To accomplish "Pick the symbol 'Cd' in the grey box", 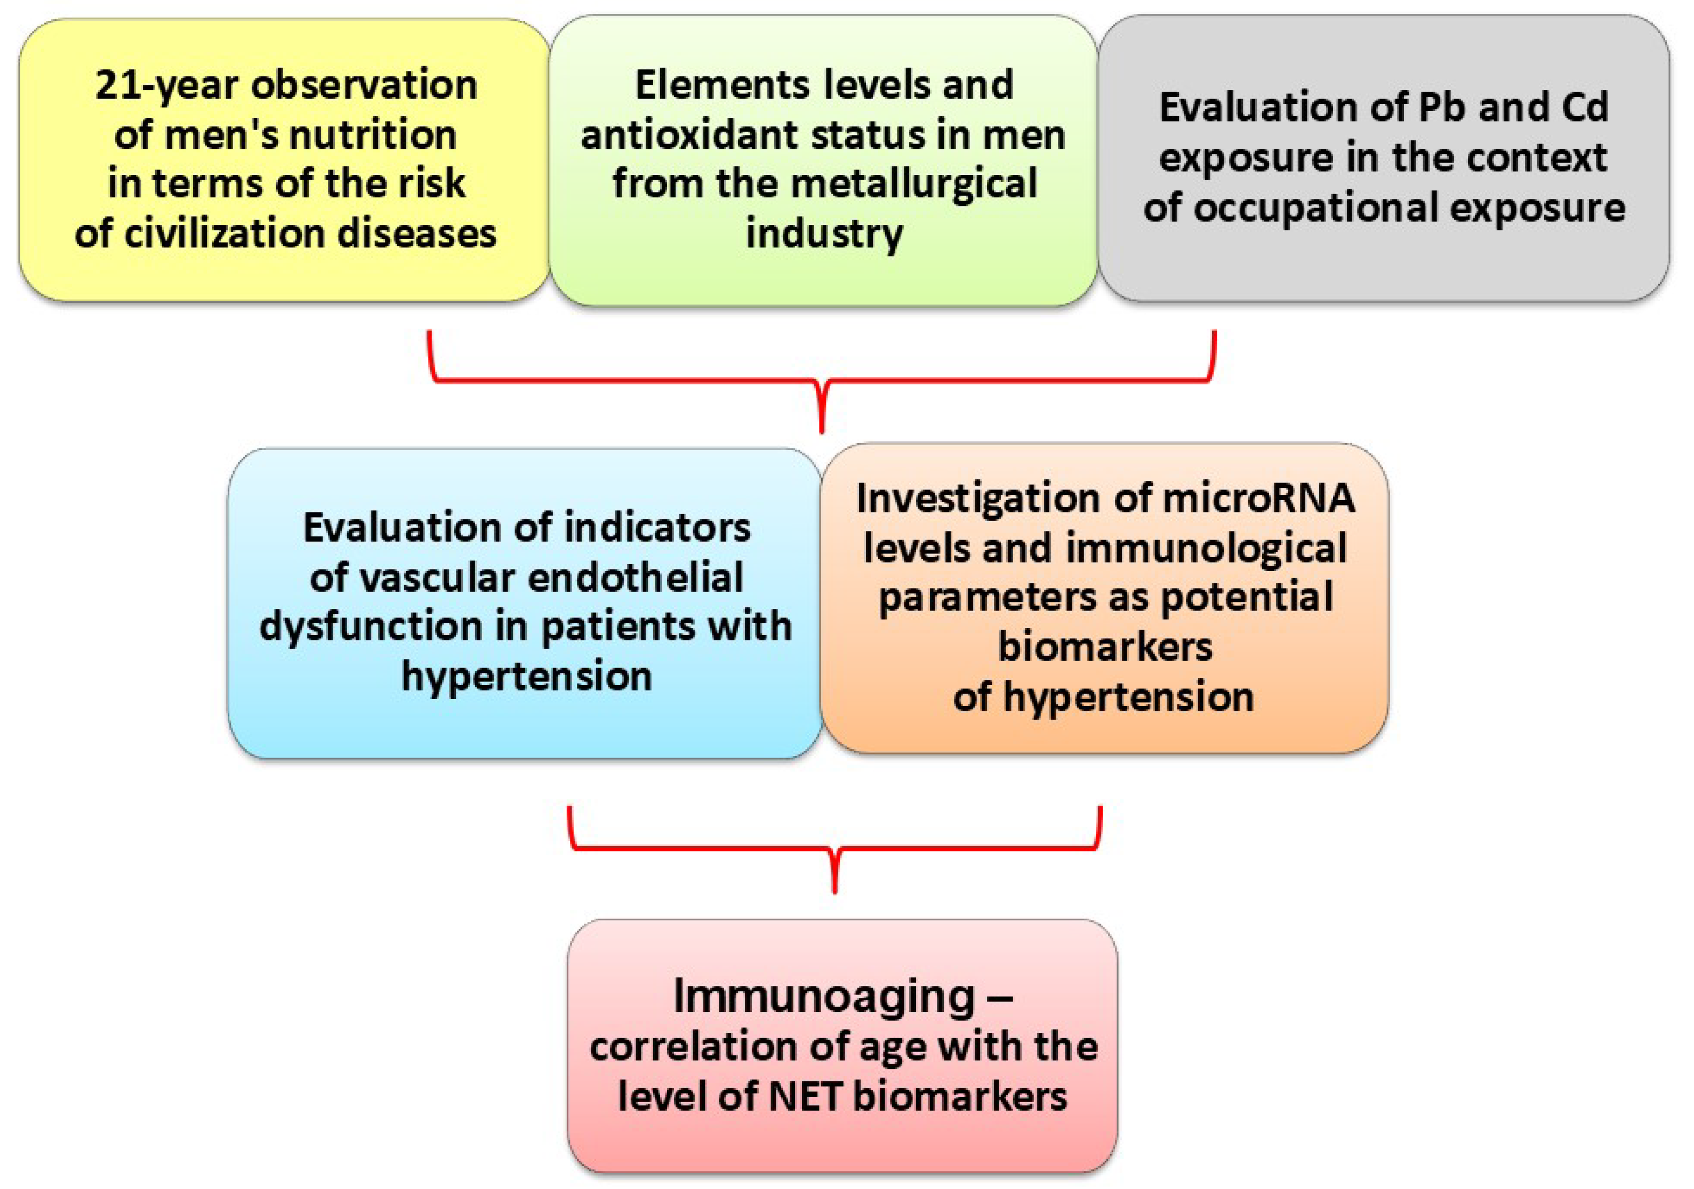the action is [1583, 108].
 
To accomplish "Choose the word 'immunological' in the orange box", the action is [1206, 548].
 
